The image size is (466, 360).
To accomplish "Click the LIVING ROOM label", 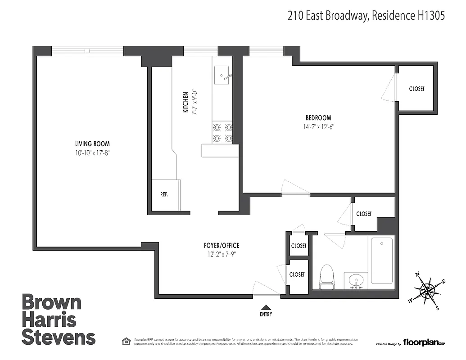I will (92, 144).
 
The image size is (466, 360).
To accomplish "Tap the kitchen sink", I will (222, 75).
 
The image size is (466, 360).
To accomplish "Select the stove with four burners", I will (222, 133).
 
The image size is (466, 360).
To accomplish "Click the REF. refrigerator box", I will (165, 195).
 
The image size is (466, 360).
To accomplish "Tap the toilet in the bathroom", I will (326, 277).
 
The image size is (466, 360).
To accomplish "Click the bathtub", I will (381, 261).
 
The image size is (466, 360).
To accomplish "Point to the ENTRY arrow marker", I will (266, 306).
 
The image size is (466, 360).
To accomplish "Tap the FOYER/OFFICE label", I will (221, 246).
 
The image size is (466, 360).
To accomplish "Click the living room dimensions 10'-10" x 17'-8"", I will (93, 153).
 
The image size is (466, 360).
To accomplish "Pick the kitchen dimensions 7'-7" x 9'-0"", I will (195, 102).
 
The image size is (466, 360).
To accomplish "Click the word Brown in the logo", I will (52, 302).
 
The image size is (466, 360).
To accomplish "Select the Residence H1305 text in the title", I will (408, 16).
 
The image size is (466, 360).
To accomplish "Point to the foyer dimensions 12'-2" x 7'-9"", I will (221, 254).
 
